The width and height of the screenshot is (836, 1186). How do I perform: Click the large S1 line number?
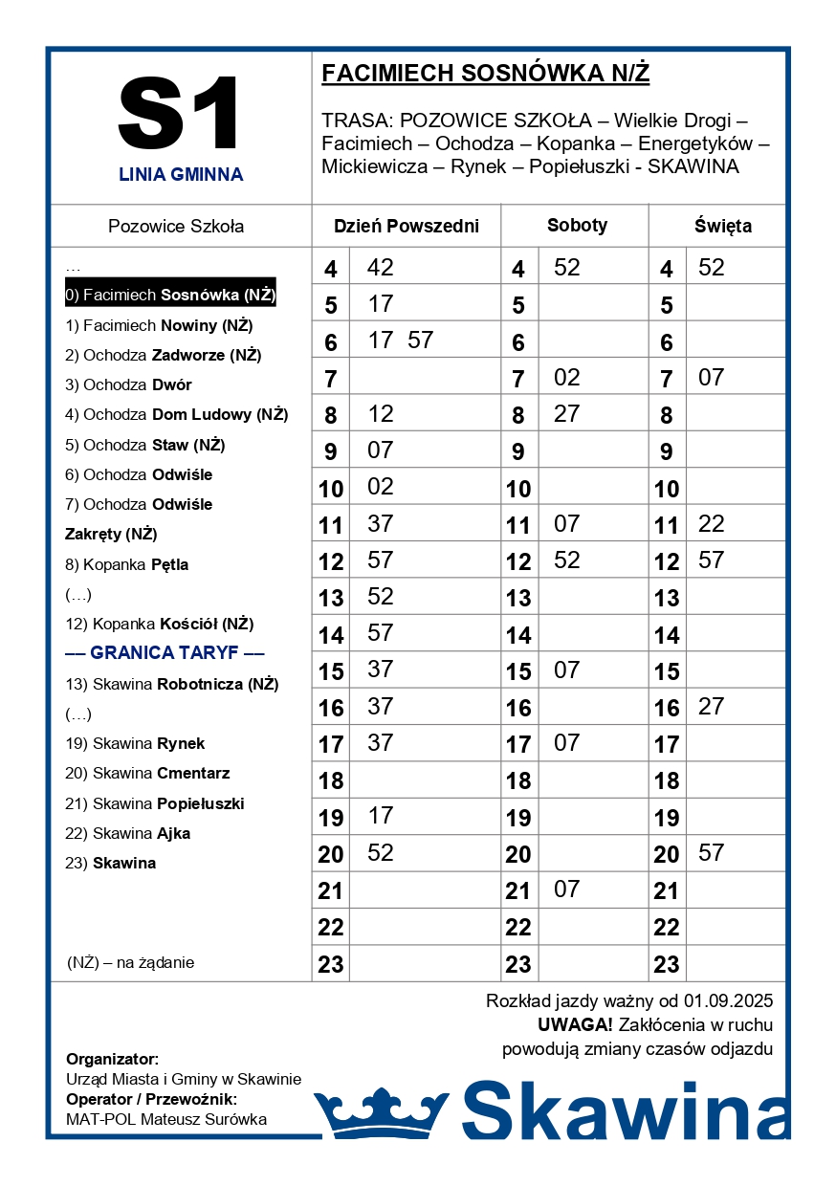click(180, 113)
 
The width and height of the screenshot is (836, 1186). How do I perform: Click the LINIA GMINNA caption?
click(181, 175)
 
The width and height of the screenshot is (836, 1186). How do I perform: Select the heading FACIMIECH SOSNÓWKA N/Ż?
click(485, 74)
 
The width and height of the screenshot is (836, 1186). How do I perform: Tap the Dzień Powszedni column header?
click(406, 227)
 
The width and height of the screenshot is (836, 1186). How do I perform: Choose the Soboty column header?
click(577, 226)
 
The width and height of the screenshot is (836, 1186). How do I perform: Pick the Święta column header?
click(722, 227)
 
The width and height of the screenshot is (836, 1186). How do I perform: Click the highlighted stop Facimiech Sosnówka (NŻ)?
click(170, 295)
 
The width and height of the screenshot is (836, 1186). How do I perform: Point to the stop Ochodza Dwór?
click(128, 384)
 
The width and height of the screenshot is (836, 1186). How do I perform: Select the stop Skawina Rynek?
click(135, 743)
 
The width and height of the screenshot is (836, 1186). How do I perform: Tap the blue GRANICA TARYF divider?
click(165, 653)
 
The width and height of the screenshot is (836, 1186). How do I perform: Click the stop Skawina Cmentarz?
click(147, 773)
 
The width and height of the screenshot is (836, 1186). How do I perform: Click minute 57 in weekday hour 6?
click(420, 340)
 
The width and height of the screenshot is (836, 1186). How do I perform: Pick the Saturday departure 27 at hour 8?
click(567, 413)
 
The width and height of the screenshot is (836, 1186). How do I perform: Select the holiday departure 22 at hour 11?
click(711, 523)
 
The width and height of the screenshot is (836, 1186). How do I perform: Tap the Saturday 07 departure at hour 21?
click(567, 889)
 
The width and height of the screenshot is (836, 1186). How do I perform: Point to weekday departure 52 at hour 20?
click(381, 852)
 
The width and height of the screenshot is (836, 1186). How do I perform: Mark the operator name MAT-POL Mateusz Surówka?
click(166, 1119)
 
